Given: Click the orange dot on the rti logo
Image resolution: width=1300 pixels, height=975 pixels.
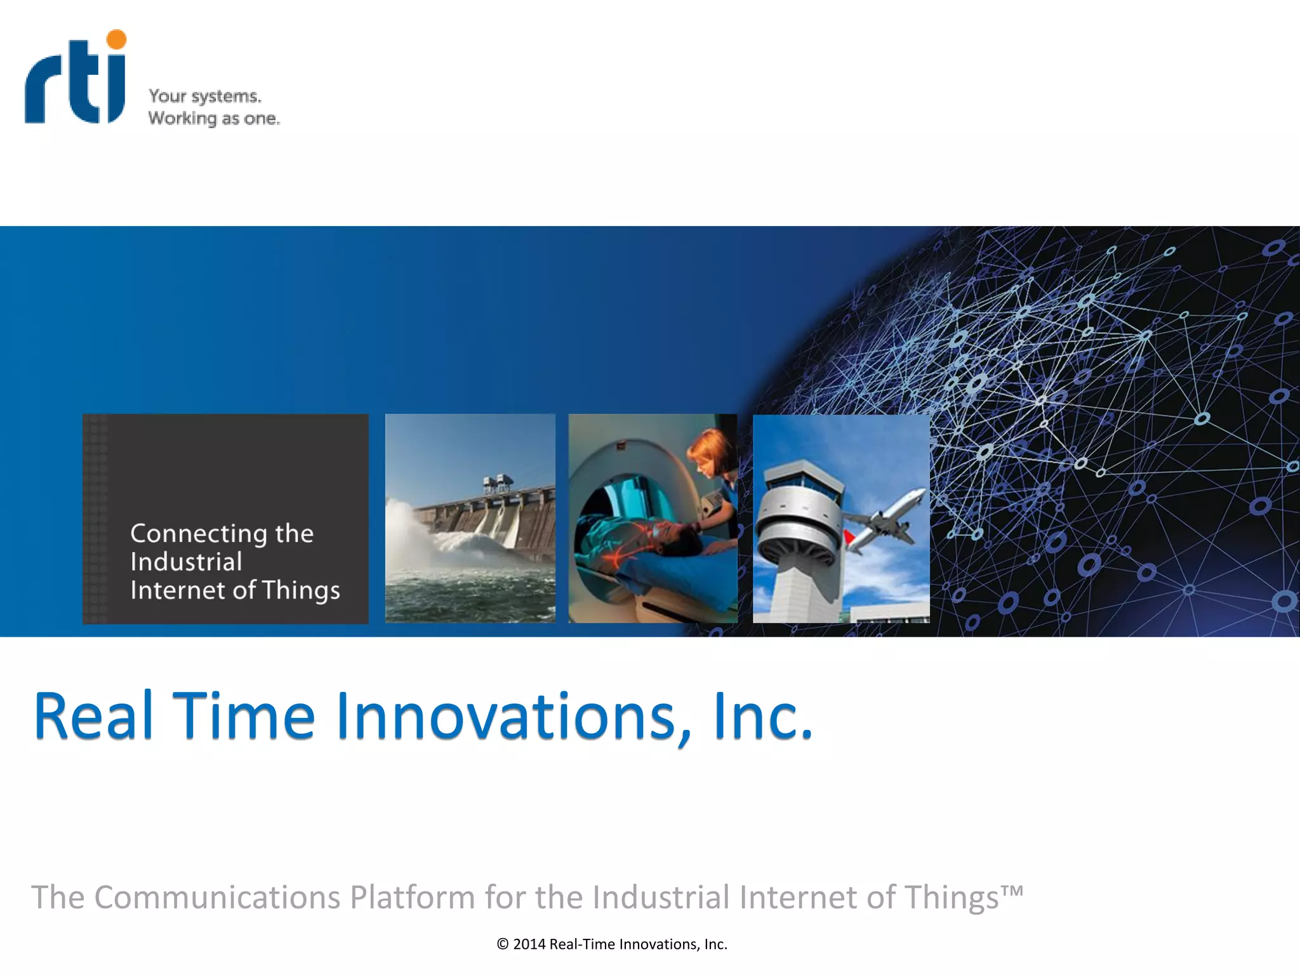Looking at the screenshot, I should pos(116,39).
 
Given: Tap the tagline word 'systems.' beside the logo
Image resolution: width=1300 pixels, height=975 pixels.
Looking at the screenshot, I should pos(227,96).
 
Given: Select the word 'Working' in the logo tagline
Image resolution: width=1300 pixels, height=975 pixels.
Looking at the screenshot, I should pos(182,119).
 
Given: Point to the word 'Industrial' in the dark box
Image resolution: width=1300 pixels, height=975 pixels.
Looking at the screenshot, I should pos(186,562).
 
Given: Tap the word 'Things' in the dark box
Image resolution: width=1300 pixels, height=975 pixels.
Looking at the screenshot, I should pos(301,590).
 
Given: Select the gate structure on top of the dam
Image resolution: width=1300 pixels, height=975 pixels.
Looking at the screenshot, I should pos(497,484).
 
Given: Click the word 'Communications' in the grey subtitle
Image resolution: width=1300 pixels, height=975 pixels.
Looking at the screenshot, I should pos(217,898).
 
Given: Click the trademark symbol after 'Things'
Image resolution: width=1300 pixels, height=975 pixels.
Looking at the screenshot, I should pos(1012,890).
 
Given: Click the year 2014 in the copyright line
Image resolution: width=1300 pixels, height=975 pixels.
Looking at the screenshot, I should pos(529,945).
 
